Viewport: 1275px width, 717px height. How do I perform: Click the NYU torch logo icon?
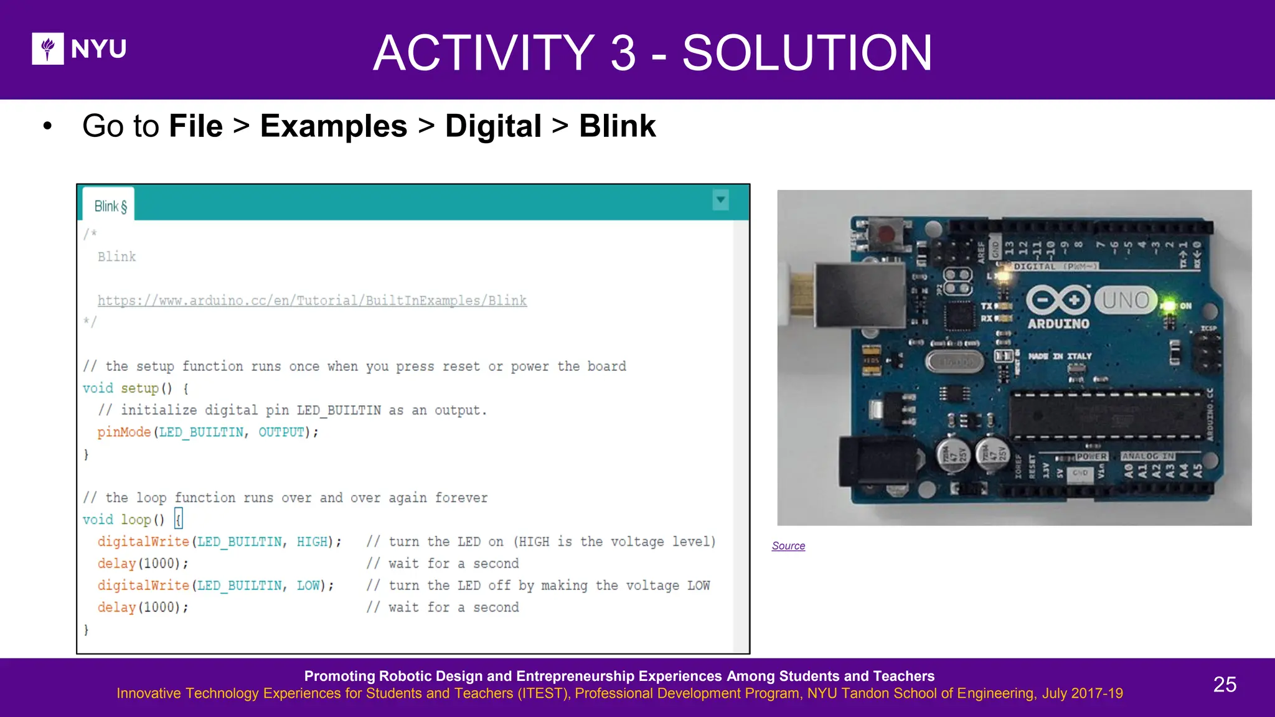point(48,49)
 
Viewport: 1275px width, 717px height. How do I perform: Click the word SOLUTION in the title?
point(807,53)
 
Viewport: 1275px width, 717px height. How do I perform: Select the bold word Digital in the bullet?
point(493,126)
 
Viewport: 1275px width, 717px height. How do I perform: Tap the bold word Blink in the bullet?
point(617,126)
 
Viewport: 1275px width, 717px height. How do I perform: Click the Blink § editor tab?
point(110,206)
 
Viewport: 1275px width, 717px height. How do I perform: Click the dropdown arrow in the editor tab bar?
point(720,200)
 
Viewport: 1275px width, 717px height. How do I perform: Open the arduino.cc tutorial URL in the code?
point(312,301)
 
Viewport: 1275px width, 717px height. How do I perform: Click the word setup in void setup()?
point(139,388)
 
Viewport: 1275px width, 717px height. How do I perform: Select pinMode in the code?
point(124,432)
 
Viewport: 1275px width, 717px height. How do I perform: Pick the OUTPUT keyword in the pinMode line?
point(281,432)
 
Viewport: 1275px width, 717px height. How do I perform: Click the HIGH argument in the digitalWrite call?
point(312,541)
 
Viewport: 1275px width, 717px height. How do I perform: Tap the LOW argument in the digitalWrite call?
point(308,586)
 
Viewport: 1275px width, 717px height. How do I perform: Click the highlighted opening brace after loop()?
point(179,519)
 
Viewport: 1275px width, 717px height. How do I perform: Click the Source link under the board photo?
point(788,546)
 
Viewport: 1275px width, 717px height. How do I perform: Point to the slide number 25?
point(1225,685)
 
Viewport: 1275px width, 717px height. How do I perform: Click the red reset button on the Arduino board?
point(885,235)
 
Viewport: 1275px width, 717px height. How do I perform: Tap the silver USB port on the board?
point(859,295)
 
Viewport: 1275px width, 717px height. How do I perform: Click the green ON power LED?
point(1169,306)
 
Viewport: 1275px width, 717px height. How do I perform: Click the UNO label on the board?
point(1125,301)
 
